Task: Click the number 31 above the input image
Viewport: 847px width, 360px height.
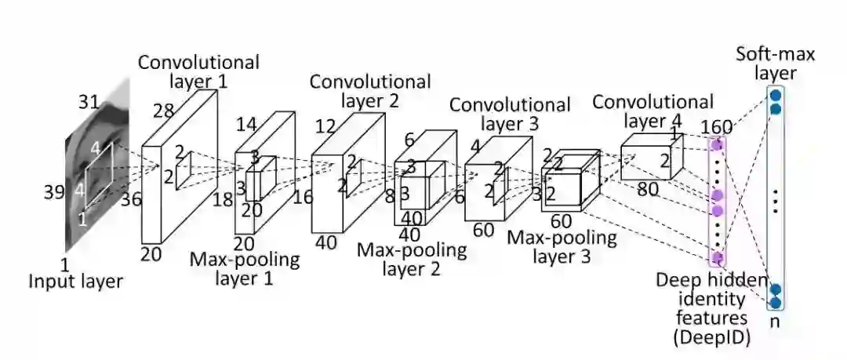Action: (89, 101)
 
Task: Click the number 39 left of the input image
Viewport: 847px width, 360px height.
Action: (53, 191)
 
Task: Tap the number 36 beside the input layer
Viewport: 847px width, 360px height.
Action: (131, 199)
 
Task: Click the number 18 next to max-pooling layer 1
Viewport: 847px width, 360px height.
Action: (223, 199)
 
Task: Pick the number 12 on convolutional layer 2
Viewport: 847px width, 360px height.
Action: (326, 127)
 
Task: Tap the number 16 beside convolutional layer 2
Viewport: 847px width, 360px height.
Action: (303, 197)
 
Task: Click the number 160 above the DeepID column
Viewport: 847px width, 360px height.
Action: (716, 127)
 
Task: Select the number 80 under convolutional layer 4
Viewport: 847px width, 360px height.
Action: (647, 189)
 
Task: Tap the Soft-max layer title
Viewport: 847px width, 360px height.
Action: (775, 64)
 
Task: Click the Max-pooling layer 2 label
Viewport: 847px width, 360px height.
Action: (412, 259)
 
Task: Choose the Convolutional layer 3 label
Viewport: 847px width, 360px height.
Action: (510, 114)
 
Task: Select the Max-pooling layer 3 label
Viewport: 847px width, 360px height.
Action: (562, 246)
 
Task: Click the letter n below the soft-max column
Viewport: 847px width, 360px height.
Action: (775, 321)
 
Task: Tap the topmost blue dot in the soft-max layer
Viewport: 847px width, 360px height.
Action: (775, 95)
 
